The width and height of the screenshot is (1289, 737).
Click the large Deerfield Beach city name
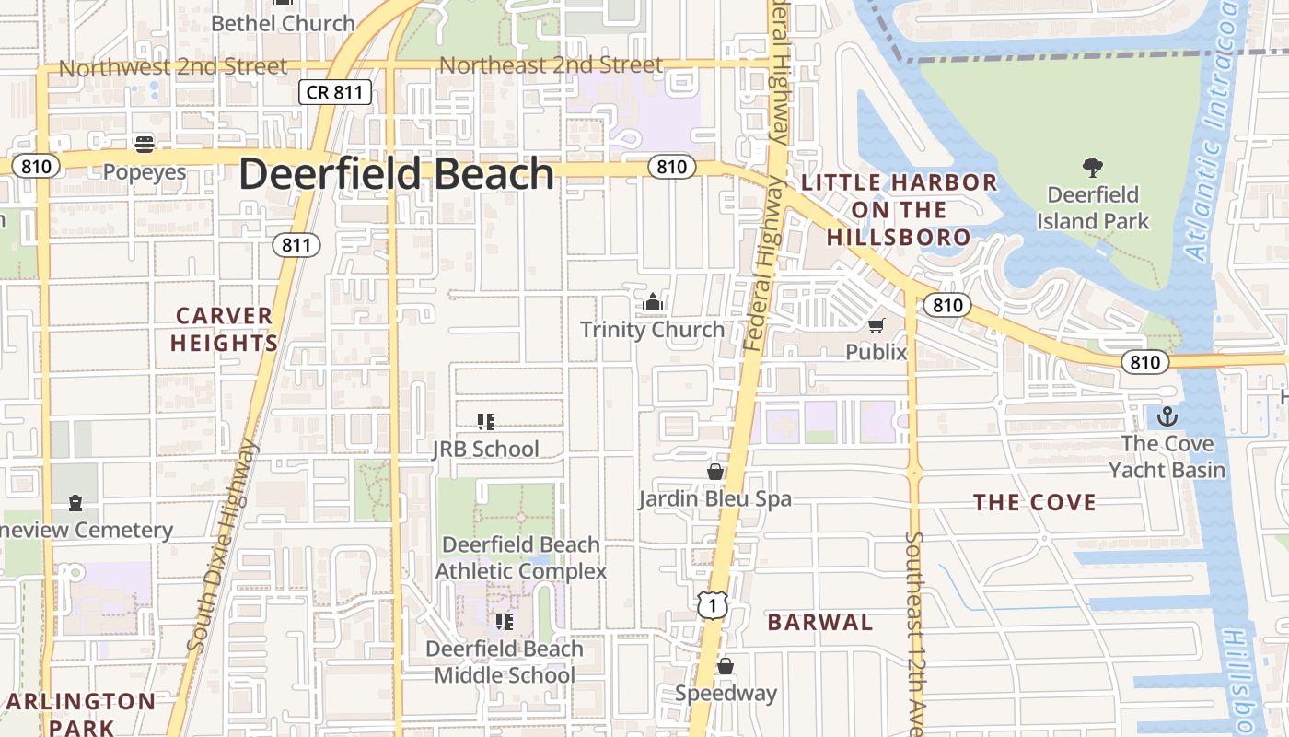[397, 174]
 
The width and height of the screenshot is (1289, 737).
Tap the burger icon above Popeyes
[145, 144]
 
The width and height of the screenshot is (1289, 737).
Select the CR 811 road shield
[335, 91]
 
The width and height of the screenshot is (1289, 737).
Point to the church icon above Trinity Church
[653, 301]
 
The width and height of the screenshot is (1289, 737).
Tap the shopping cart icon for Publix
[876, 325]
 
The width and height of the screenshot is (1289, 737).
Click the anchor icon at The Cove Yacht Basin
[1167, 416]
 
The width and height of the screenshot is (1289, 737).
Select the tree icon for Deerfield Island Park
[1093, 168]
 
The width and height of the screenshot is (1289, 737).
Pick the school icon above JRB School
[486, 422]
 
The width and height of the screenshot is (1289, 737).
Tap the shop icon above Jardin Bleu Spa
[714, 472]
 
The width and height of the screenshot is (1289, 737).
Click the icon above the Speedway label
[726, 666]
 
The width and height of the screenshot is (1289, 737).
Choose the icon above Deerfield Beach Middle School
[504, 622]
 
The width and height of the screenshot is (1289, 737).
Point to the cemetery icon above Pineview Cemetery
[75, 503]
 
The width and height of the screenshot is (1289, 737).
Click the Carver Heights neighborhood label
[226, 330]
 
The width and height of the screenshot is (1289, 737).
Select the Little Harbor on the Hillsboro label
[899, 210]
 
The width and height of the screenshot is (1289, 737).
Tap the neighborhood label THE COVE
[1035, 502]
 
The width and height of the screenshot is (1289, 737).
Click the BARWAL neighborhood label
[819, 622]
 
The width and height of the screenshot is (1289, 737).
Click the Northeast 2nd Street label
[551, 65]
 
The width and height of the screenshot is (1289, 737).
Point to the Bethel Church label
[283, 23]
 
